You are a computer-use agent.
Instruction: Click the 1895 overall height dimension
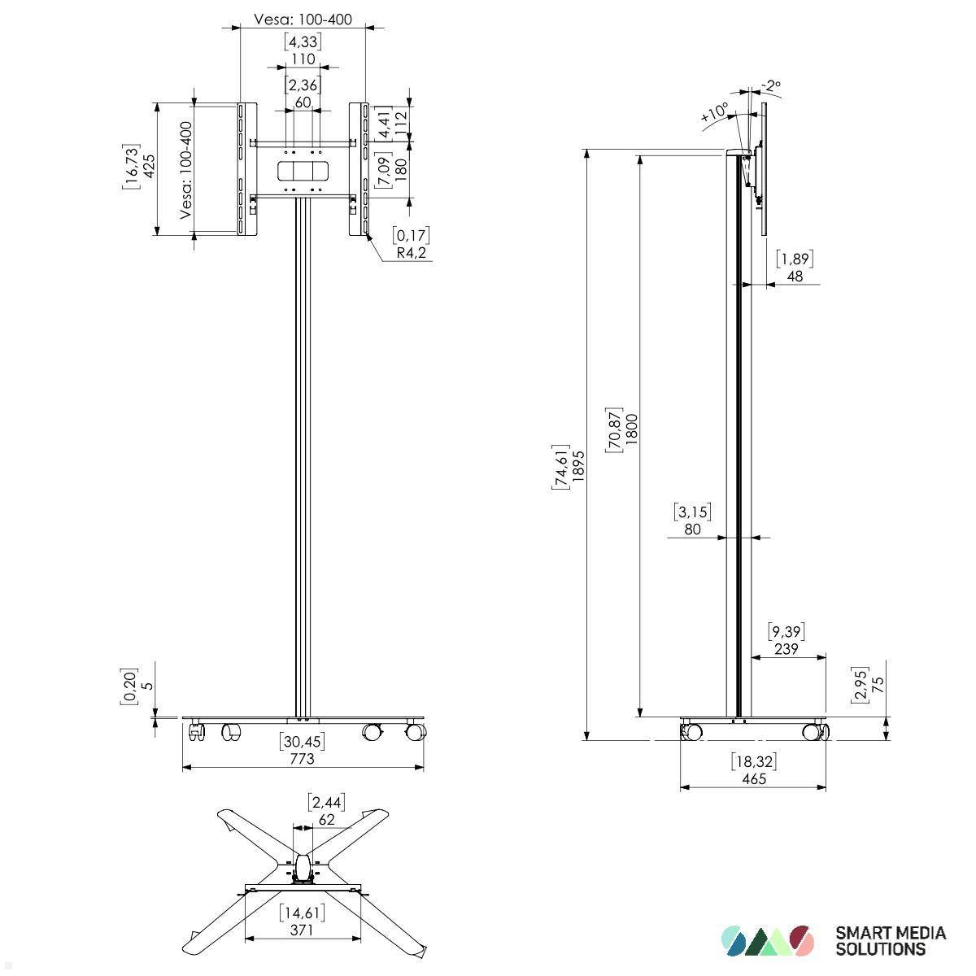[578, 466]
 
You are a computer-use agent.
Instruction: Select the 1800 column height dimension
[633, 429]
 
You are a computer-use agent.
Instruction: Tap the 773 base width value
[302, 758]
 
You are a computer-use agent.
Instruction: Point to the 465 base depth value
[753, 778]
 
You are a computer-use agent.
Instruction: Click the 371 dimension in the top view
[301, 930]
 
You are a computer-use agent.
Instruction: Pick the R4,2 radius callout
[412, 253]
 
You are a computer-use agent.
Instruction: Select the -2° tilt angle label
[770, 85]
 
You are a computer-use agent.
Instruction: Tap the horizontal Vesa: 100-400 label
[303, 19]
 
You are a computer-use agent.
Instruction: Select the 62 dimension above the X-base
[326, 819]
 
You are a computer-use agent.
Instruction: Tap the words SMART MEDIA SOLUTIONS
[891, 940]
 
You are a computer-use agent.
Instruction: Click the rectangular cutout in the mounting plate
[303, 171]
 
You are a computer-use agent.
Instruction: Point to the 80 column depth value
[693, 529]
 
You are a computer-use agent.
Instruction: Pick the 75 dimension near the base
[878, 684]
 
